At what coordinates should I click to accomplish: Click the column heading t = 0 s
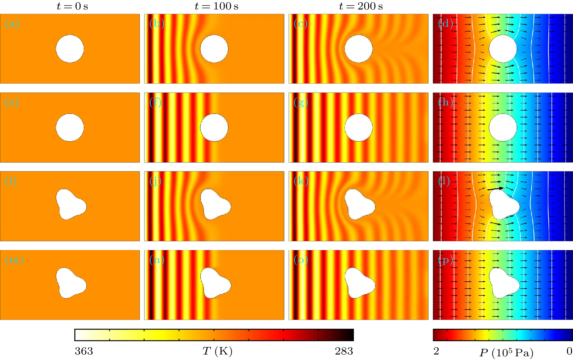(72, 6)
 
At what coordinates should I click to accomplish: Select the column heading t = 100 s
(216, 6)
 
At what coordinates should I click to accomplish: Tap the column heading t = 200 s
(361, 6)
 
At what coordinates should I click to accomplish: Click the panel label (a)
(12, 24)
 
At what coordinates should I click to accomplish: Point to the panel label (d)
(446, 24)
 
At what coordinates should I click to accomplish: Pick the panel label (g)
(301, 102)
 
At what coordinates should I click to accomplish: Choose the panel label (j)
(155, 181)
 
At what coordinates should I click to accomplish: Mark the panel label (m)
(14, 260)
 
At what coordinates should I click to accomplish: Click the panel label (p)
(446, 260)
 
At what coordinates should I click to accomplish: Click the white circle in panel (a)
(70, 49)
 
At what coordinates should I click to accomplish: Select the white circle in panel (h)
(503, 127)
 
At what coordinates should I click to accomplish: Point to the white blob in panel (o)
(359, 283)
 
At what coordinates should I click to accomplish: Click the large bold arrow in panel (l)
(495, 189)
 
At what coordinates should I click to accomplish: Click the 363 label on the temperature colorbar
(84, 351)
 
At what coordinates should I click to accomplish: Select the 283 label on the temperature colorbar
(344, 351)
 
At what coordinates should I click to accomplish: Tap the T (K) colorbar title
(217, 352)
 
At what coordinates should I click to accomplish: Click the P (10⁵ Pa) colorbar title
(506, 353)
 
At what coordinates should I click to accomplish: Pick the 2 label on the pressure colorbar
(436, 351)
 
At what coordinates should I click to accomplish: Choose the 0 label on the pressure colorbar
(569, 351)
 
